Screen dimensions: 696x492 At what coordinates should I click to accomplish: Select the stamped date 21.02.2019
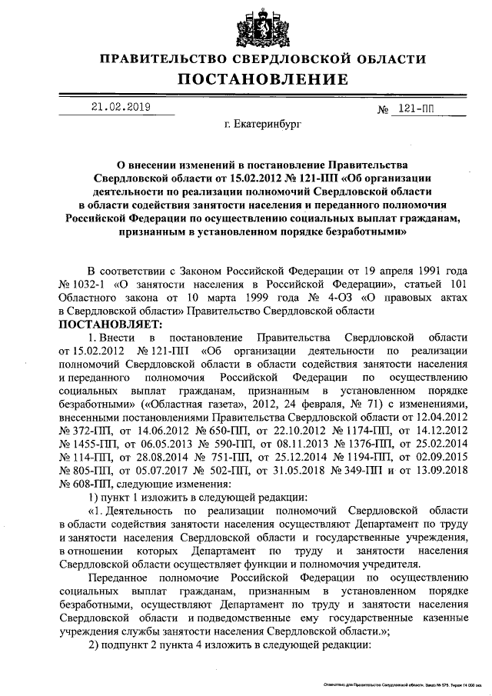point(120,108)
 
